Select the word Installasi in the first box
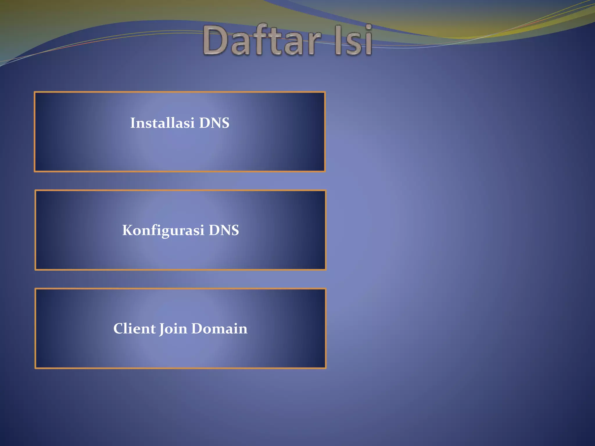[x=162, y=123]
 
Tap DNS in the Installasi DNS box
[x=214, y=123]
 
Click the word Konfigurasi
[x=163, y=230]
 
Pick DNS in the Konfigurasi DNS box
[x=224, y=230]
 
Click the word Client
[x=134, y=328]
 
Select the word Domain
[x=219, y=328]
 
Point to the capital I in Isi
[x=338, y=41]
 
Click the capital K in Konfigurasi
[x=128, y=230]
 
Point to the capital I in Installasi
[x=133, y=123]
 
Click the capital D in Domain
[x=197, y=328]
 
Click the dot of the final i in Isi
[x=368, y=28]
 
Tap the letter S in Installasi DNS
[x=225, y=123]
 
